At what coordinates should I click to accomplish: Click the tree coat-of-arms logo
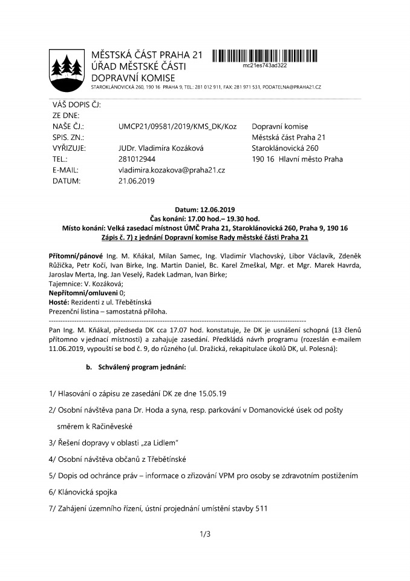pos(65,67)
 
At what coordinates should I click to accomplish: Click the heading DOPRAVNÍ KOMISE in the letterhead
pos(132,77)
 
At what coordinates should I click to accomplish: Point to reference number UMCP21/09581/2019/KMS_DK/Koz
pos(177,126)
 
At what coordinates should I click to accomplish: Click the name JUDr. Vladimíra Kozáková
pos(160,148)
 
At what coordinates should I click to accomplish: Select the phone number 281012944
pos(137,159)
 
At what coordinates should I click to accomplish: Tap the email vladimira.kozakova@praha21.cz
pos(172,170)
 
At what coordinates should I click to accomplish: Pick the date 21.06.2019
pos(137,181)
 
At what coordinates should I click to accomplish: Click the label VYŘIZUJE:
pos(68,148)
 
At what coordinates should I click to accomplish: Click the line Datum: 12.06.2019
pos(205,209)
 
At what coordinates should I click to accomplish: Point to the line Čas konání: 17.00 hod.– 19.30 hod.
pos(205,218)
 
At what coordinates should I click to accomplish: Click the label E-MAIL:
pos(65,170)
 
